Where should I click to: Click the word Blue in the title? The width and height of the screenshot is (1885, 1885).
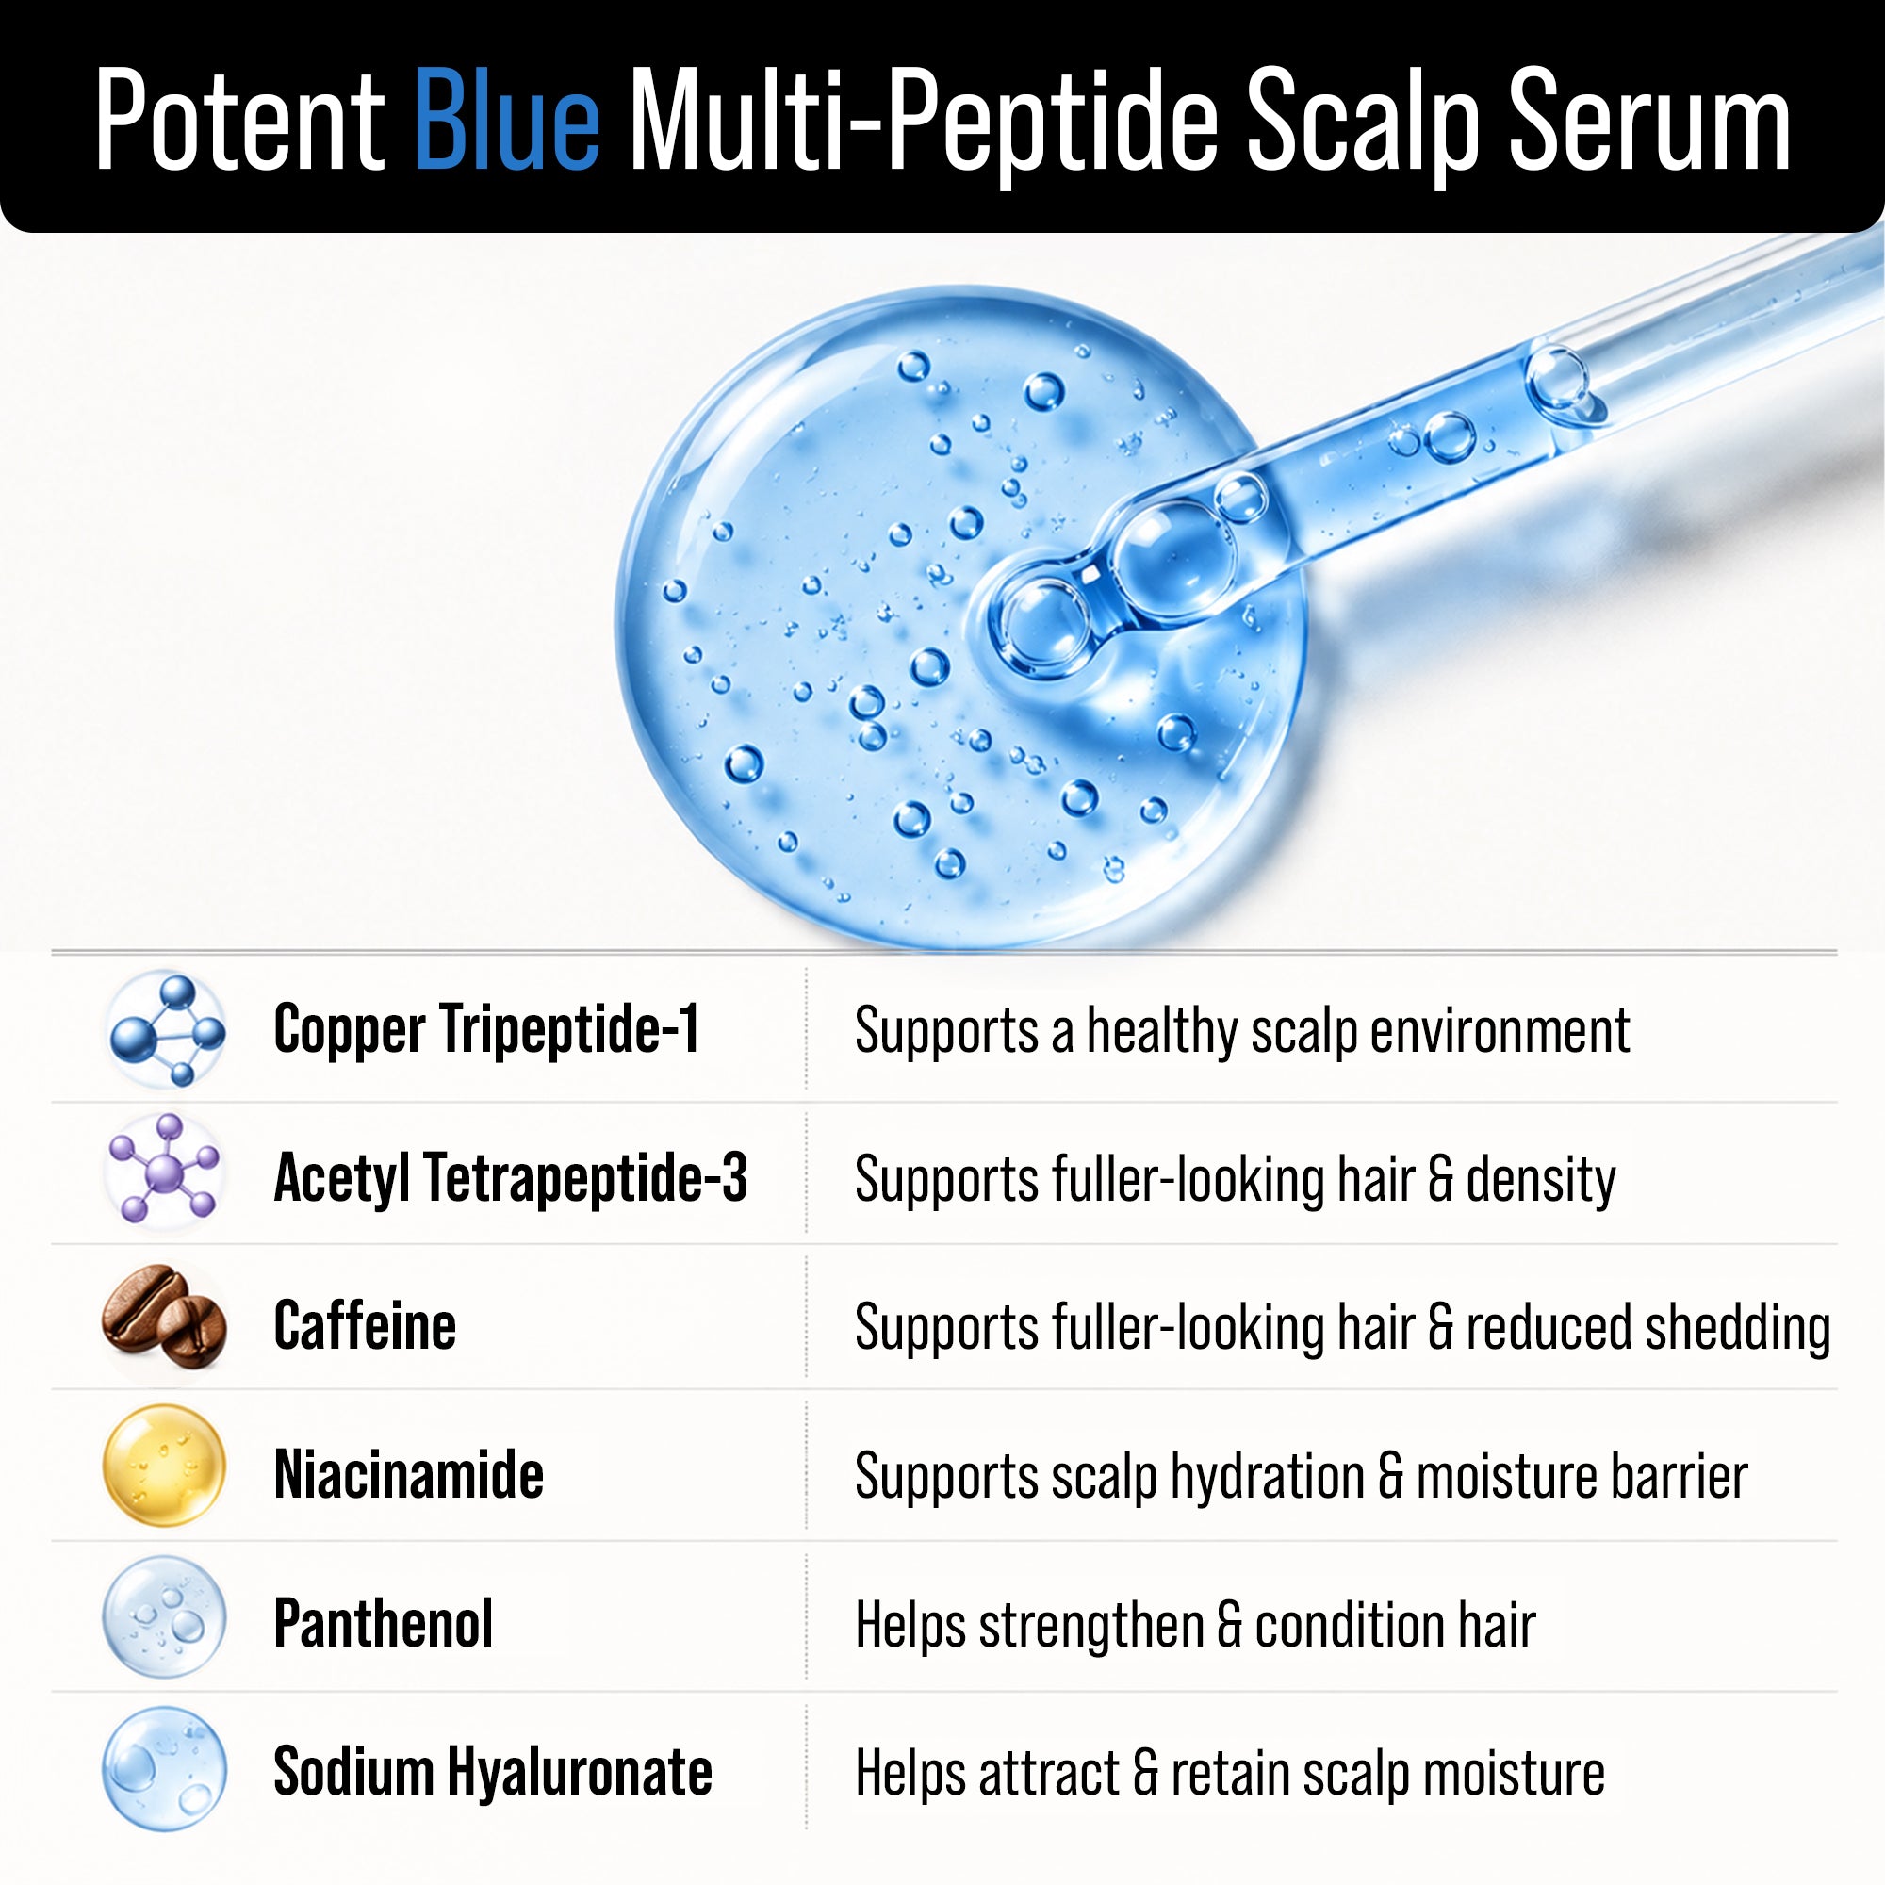(506, 119)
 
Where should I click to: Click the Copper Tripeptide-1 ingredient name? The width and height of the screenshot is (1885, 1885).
(487, 1029)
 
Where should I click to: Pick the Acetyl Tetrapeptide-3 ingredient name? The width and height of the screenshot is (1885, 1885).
(510, 1179)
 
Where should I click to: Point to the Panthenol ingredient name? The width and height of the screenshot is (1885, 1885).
(384, 1623)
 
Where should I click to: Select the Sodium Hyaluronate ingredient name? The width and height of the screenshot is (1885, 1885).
(493, 1771)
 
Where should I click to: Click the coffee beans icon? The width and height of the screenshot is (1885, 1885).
(164, 1319)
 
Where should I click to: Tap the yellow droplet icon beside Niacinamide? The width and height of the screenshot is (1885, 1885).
(164, 1466)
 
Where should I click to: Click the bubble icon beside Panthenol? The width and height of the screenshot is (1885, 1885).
(164, 1617)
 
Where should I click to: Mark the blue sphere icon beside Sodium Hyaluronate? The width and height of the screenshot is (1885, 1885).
(164, 1768)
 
